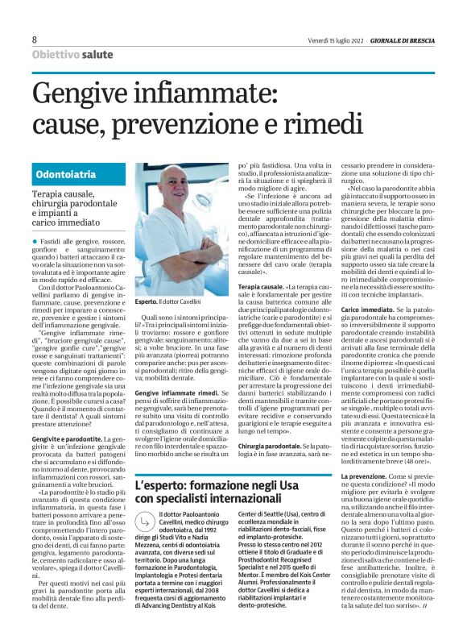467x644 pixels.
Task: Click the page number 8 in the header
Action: [x=35, y=39]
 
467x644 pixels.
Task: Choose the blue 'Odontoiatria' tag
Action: [x=67, y=175]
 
